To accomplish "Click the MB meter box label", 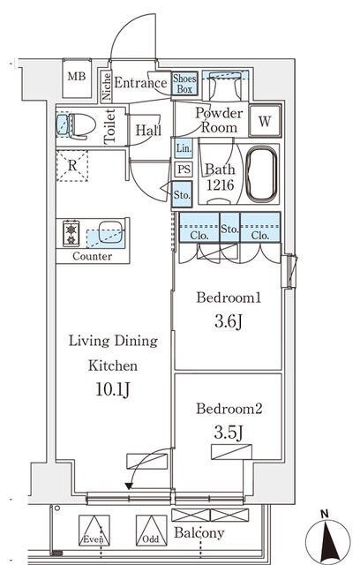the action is click(77, 77).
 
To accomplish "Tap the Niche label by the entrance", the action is click(106, 87).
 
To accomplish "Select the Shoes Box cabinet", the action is click(184, 84).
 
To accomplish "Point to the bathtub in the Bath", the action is click(261, 174).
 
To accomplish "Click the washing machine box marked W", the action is click(265, 121).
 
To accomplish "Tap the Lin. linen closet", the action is click(184, 148).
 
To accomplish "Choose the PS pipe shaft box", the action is click(184, 169).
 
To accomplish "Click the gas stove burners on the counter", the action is click(71, 233).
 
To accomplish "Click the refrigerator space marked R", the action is click(72, 166).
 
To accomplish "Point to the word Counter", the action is click(92, 256).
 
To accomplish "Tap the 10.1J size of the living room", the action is click(113, 389).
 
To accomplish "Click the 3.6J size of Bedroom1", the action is click(229, 321).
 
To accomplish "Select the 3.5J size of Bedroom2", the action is click(229, 433).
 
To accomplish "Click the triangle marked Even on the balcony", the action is click(94, 530).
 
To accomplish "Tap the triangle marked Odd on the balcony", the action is click(151, 530).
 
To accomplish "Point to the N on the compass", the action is click(325, 514).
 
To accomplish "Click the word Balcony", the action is click(199, 533).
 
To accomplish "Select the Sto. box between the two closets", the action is click(229, 228).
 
